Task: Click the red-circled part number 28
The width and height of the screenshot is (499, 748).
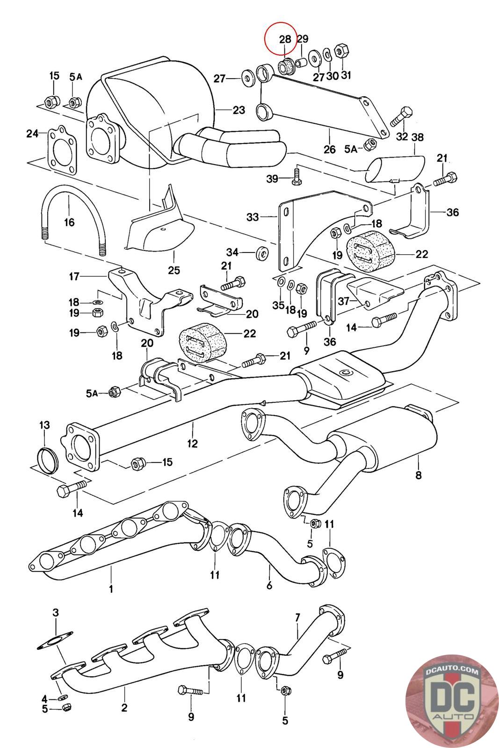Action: point(285,39)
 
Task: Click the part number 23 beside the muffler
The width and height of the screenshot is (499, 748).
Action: point(239,110)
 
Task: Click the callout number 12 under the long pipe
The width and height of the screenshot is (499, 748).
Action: point(192,443)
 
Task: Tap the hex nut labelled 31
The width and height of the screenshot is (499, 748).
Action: point(342,51)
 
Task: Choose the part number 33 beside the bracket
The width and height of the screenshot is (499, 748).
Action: point(253,217)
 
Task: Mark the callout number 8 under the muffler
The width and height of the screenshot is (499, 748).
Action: point(418,475)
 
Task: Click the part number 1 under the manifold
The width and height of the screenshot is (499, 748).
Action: point(111,590)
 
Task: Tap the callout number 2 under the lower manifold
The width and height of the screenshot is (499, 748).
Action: point(124,707)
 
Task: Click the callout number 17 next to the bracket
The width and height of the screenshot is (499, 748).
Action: point(74,276)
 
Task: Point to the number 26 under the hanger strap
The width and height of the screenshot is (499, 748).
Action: point(330,149)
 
